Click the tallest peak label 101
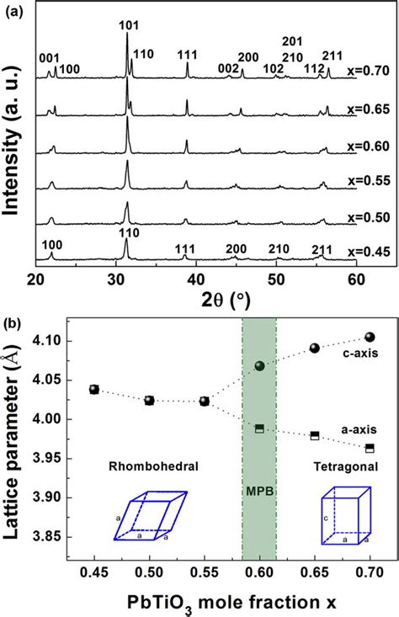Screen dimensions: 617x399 (x=126, y=25)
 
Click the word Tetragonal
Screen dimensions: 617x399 (x=343, y=465)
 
